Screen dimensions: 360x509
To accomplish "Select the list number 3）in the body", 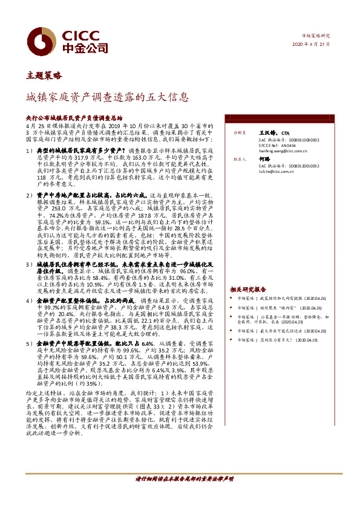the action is pyautogui.click(x=30, y=265).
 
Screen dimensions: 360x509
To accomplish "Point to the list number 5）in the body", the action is pyautogui.click(x=30, y=343).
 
